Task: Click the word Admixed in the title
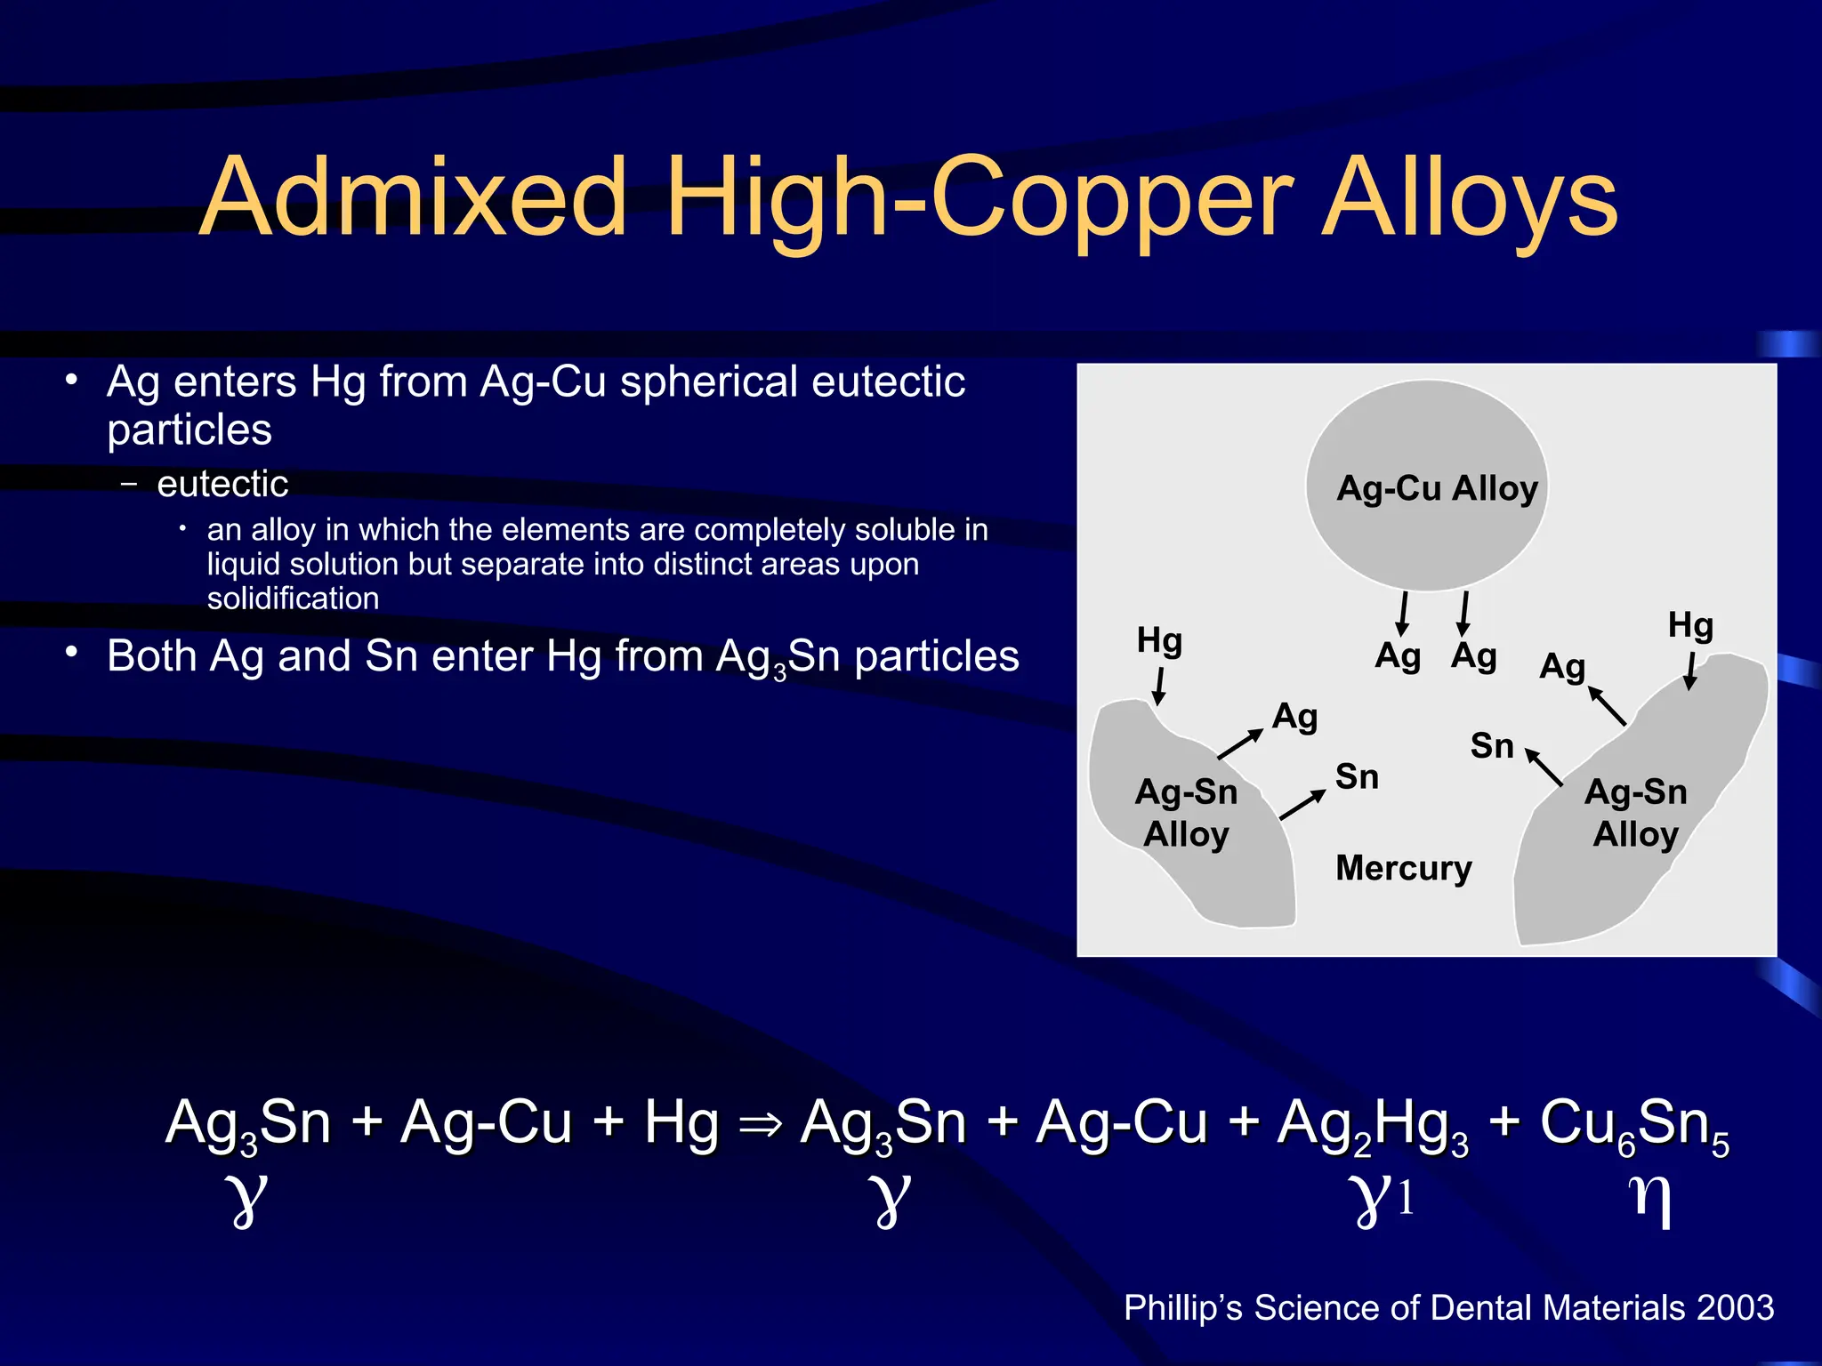point(413,197)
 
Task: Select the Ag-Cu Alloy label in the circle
point(1437,488)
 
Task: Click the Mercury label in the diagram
point(1403,867)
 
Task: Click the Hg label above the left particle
point(1159,640)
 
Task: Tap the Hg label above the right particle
point(1689,625)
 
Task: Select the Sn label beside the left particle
point(1357,777)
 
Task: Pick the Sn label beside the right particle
point(1492,746)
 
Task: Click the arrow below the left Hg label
point(1159,687)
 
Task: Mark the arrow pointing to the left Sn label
point(1302,804)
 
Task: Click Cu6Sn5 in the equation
point(1633,1125)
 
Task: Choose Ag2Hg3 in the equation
point(1372,1125)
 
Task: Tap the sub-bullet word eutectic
point(222,484)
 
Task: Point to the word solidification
point(293,599)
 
